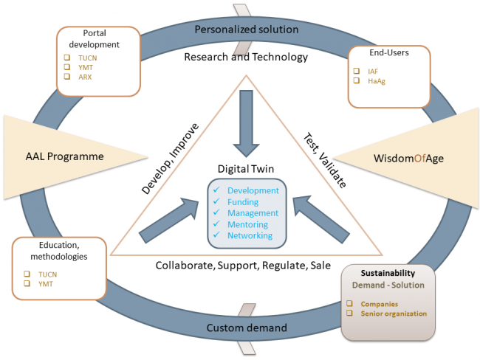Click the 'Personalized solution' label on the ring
click(247, 30)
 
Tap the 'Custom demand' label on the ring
click(247, 328)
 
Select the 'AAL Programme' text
click(64, 156)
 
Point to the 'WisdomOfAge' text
click(408, 159)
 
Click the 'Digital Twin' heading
click(245, 169)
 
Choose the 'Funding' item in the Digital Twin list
click(243, 202)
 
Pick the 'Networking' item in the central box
click(250, 235)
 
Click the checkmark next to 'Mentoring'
click(216, 224)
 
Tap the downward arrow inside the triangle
click(246, 124)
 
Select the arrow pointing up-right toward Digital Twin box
click(169, 221)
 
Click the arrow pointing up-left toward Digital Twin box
click(321, 220)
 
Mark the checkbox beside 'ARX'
click(67, 76)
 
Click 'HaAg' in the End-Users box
click(377, 81)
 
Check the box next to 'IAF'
click(357, 71)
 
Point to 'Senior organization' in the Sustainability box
click(394, 314)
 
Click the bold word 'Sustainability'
click(388, 273)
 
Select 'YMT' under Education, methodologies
click(46, 284)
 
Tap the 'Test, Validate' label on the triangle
click(325, 160)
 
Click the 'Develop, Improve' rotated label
click(170, 159)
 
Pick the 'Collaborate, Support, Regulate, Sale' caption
click(243, 266)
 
